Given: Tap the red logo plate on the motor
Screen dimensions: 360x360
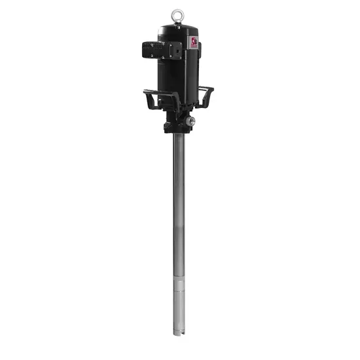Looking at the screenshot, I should pyautogui.click(x=194, y=42).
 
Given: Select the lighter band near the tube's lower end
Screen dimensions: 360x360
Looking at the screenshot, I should pyautogui.click(x=179, y=282).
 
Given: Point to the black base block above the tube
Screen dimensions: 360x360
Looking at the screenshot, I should pyautogui.click(x=177, y=124).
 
